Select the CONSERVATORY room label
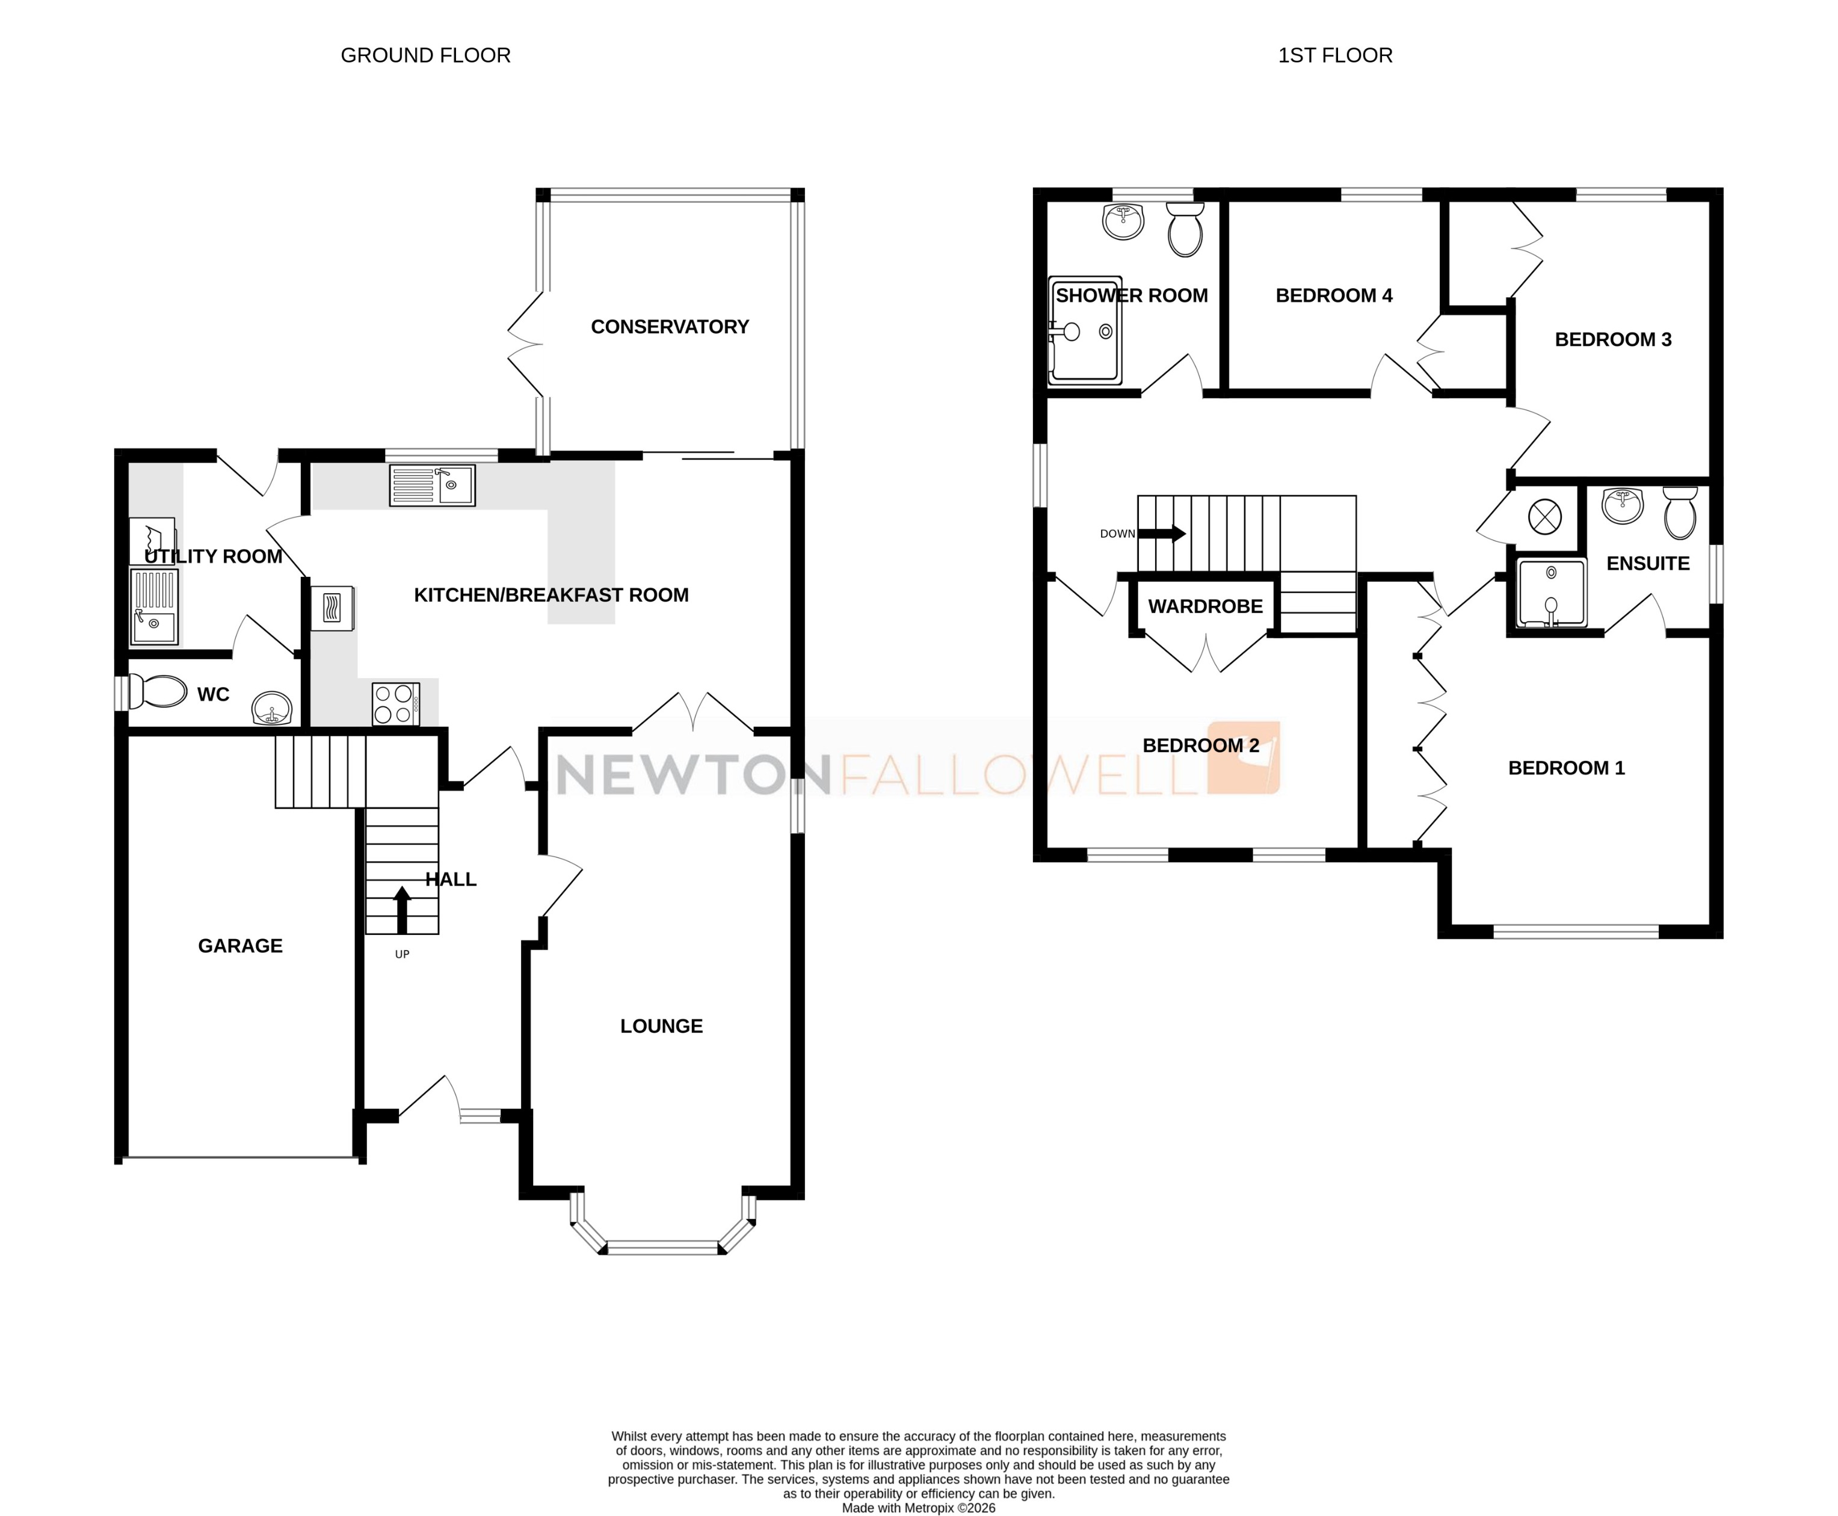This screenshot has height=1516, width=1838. pyautogui.click(x=669, y=327)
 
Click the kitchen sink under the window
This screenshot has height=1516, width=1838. pyautogui.click(x=432, y=485)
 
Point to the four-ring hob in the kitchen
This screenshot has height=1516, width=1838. pyautogui.click(x=395, y=704)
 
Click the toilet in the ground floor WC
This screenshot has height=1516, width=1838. pyautogui.click(x=158, y=692)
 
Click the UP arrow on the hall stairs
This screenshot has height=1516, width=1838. pyautogui.click(x=402, y=910)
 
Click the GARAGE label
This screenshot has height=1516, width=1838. pyautogui.click(x=240, y=946)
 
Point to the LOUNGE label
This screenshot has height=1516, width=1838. pyautogui.click(x=661, y=1026)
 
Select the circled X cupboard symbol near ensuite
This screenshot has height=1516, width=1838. pyautogui.click(x=1544, y=516)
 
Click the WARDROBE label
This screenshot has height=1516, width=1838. pyautogui.click(x=1205, y=606)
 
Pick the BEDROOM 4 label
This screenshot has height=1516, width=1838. pyautogui.click(x=1333, y=296)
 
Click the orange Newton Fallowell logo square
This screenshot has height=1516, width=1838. pyautogui.click(x=1244, y=757)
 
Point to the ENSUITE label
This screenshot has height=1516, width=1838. pyautogui.click(x=1648, y=563)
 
